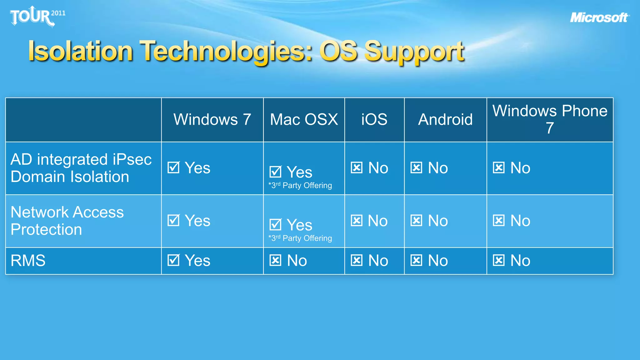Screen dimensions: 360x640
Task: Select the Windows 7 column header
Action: (x=212, y=120)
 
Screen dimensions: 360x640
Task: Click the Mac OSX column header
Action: (x=304, y=120)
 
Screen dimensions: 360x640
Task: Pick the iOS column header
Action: (x=374, y=120)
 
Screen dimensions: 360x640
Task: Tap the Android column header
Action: (x=445, y=120)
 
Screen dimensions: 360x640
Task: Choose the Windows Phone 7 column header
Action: (x=550, y=120)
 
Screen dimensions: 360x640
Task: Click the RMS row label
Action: (x=28, y=261)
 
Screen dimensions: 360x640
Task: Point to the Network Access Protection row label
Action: (x=67, y=221)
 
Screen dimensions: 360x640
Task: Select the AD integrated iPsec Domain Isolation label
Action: (x=81, y=168)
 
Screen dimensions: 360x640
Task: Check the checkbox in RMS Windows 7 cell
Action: (x=173, y=260)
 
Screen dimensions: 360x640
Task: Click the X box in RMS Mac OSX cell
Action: (x=275, y=260)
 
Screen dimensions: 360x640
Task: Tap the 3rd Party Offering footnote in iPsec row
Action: (x=300, y=185)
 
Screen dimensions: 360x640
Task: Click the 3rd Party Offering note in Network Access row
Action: (x=300, y=238)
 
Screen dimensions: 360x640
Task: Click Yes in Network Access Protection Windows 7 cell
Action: (x=197, y=221)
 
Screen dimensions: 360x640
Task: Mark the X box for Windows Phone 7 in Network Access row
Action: (x=499, y=220)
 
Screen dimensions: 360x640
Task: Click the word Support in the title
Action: (x=414, y=51)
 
